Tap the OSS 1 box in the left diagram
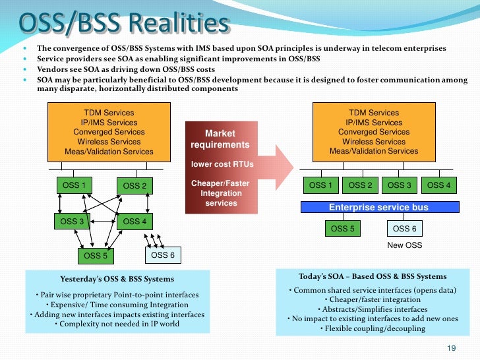(x=74, y=185)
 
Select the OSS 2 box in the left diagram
(x=135, y=186)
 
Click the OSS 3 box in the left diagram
(x=73, y=222)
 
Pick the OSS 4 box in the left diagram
(x=135, y=222)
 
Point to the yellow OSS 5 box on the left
(x=96, y=255)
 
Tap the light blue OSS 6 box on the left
(x=163, y=255)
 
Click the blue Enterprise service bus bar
(x=378, y=207)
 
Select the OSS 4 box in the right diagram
(x=439, y=185)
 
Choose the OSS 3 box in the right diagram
(x=400, y=185)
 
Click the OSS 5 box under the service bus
(x=342, y=229)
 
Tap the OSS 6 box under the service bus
(x=404, y=229)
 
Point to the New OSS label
(x=404, y=245)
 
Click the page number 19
(x=452, y=347)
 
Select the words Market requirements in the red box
(x=220, y=139)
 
